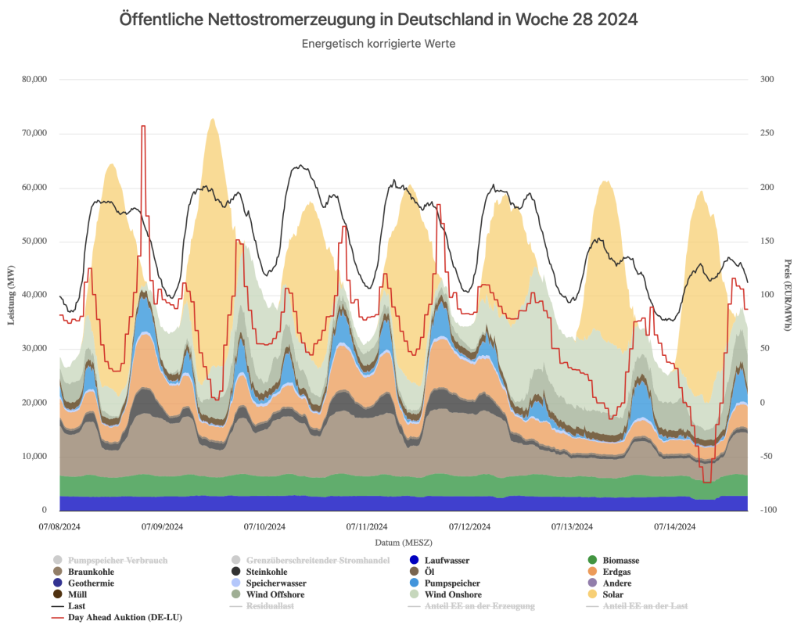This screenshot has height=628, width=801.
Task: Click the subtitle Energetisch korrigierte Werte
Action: pyautogui.click(x=379, y=44)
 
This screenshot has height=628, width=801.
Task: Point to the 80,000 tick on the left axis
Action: pyautogui.click(x=33, y=80)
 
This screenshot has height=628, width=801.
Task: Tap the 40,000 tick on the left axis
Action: pyautogui.click(x=33, y=295)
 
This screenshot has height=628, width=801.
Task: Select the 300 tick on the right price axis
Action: pyautogui.click(x=766, y=80)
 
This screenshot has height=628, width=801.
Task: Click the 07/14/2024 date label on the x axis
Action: pyautogui.click(x=675, y=526)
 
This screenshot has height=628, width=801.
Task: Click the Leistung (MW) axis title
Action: pyautogui.click(x=11, y=295)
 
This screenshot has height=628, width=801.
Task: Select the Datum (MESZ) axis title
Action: pyautogui.click(x=404, y=542)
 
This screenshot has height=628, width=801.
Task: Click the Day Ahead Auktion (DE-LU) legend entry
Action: pyautogui.click(x=125, y=617)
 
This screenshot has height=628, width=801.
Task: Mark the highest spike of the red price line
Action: pyautogui.click(x=143, y=126)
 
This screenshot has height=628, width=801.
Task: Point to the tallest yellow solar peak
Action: pyautogui.click(x=212, y=119)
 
